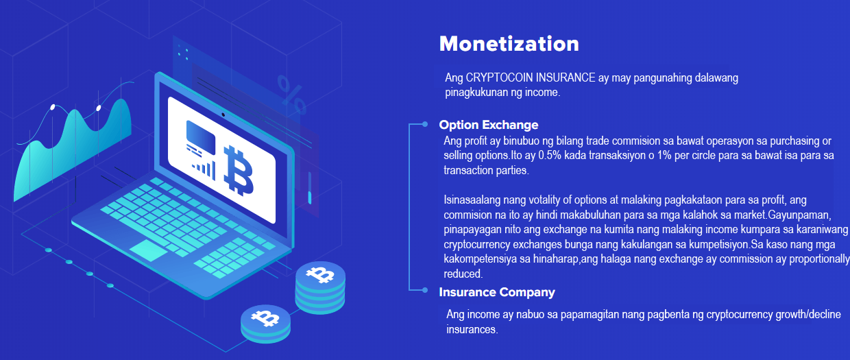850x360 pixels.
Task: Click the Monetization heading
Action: [509, 44]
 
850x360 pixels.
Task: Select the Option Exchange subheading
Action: [488, 125]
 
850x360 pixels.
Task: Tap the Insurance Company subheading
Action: [497, 292]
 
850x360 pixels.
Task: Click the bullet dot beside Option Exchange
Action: [424, 124]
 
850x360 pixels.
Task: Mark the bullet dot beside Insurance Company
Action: [424, 291]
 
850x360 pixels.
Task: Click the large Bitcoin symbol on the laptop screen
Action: [238, 171]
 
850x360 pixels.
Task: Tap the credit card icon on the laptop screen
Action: [201, 137]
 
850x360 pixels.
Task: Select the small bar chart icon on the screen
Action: [204, 170]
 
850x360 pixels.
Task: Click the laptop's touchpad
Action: [148, 250]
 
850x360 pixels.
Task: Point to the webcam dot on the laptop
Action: [223, 115]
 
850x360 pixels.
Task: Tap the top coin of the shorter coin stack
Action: [266, 318]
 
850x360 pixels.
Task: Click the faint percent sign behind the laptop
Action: [291, 95]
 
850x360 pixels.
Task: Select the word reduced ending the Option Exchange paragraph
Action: [463, 274]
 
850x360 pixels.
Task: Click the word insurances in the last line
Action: [472, 329]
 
